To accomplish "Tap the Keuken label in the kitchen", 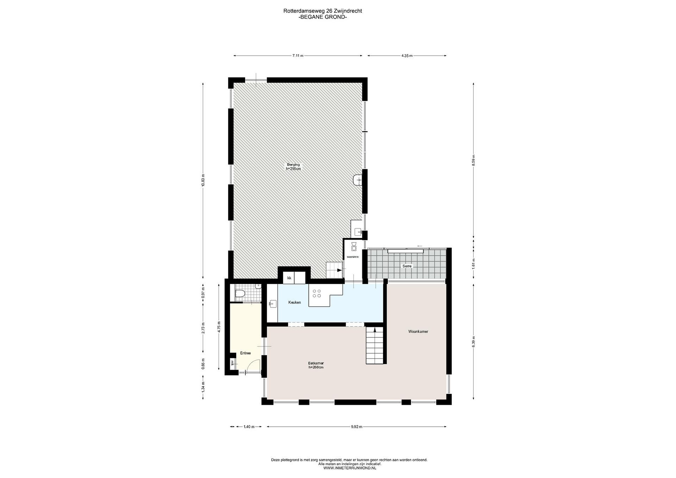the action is click(294, 302).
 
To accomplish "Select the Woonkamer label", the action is click(418, 331).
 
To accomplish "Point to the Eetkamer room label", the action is click(316, 363).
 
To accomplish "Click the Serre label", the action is click(407, 266).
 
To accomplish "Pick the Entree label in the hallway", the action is click(245, 353).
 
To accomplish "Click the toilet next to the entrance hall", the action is click(240, 294).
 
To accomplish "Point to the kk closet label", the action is click(289, 278).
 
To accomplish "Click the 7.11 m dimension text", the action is click(298, 56).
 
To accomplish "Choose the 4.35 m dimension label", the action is click(407, 56).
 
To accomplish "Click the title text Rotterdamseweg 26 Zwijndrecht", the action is click(323, 11).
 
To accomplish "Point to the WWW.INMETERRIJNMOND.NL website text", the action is click(350, 468).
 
